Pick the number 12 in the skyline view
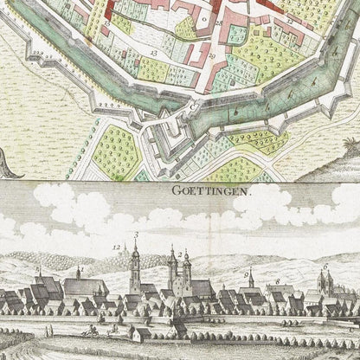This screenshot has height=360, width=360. pos(117,247)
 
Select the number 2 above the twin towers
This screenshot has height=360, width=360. pos(178,254)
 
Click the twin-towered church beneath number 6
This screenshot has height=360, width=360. pos(325,286)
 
